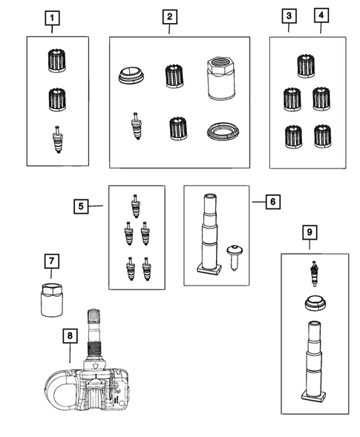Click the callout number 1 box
click(x=52, y=18)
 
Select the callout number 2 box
click(x=170, y=17)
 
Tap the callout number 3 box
click(x=289, y=16)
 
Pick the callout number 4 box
click(x=321, y=16)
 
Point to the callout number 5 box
click(x=81, y=206)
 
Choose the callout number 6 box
click(x=273, y=202)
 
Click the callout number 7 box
click(x=52, y=261)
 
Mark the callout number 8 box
click(x=70, y=335)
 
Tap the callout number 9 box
click(x=310, y=232)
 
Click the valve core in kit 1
click(x=57, y=139)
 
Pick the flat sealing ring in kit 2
click(x=223, y=131)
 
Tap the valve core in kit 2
click(x=136, y=125)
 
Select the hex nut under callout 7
click(x=52, y=300)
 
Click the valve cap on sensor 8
click(x=94, y=316)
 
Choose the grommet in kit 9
click(x=315, y=303)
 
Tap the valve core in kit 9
click(x=314, y=274)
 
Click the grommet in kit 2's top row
click(x=131, y=76)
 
